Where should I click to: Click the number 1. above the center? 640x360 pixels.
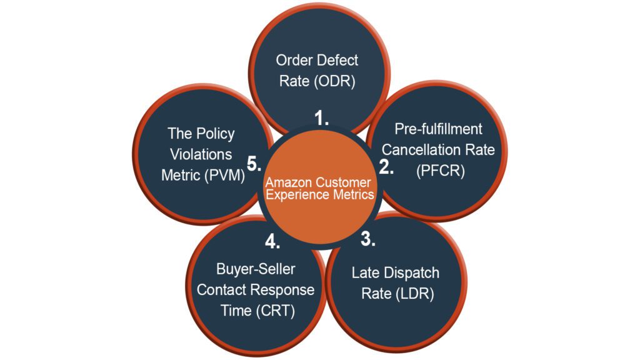click(322, 119)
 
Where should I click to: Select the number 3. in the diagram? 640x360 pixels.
click(368, 239)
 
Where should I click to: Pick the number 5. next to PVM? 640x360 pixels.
click(253, 164)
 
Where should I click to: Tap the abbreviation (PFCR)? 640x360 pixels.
click(440, 171)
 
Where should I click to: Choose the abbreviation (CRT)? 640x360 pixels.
click(275, 311)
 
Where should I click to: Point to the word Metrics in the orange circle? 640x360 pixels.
click(354, 194)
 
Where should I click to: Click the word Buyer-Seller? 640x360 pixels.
click(256, 269)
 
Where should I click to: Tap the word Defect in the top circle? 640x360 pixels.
click(338, 61)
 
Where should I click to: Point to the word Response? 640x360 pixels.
click(282, 290)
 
